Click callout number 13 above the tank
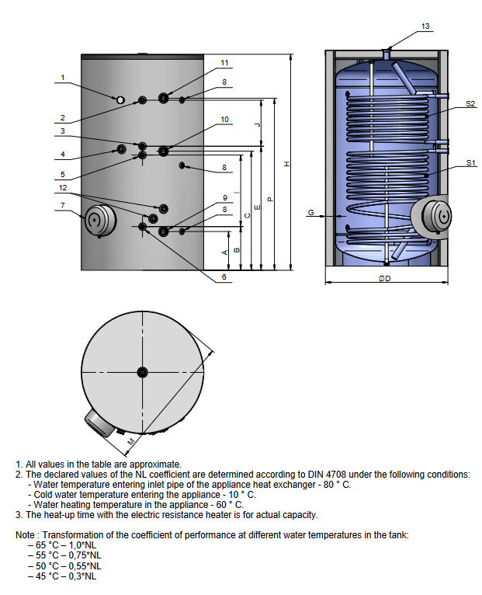[x=425, y=26]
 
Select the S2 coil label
[x=471, y=104]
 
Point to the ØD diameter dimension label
[x=385, y=278]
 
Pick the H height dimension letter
[x=286, y=164]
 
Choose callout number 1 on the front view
[x=63, y=77]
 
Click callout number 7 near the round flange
[x=63, y=205]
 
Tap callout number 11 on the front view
[x=224, y=62]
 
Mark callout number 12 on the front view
[x=63, y=188]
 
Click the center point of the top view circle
[x=142, y=371]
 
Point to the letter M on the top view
[x=130, y=441]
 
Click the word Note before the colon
[x=26, y=535]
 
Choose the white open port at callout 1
[x=120, y=100]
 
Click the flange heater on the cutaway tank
[x=431, y=215]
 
